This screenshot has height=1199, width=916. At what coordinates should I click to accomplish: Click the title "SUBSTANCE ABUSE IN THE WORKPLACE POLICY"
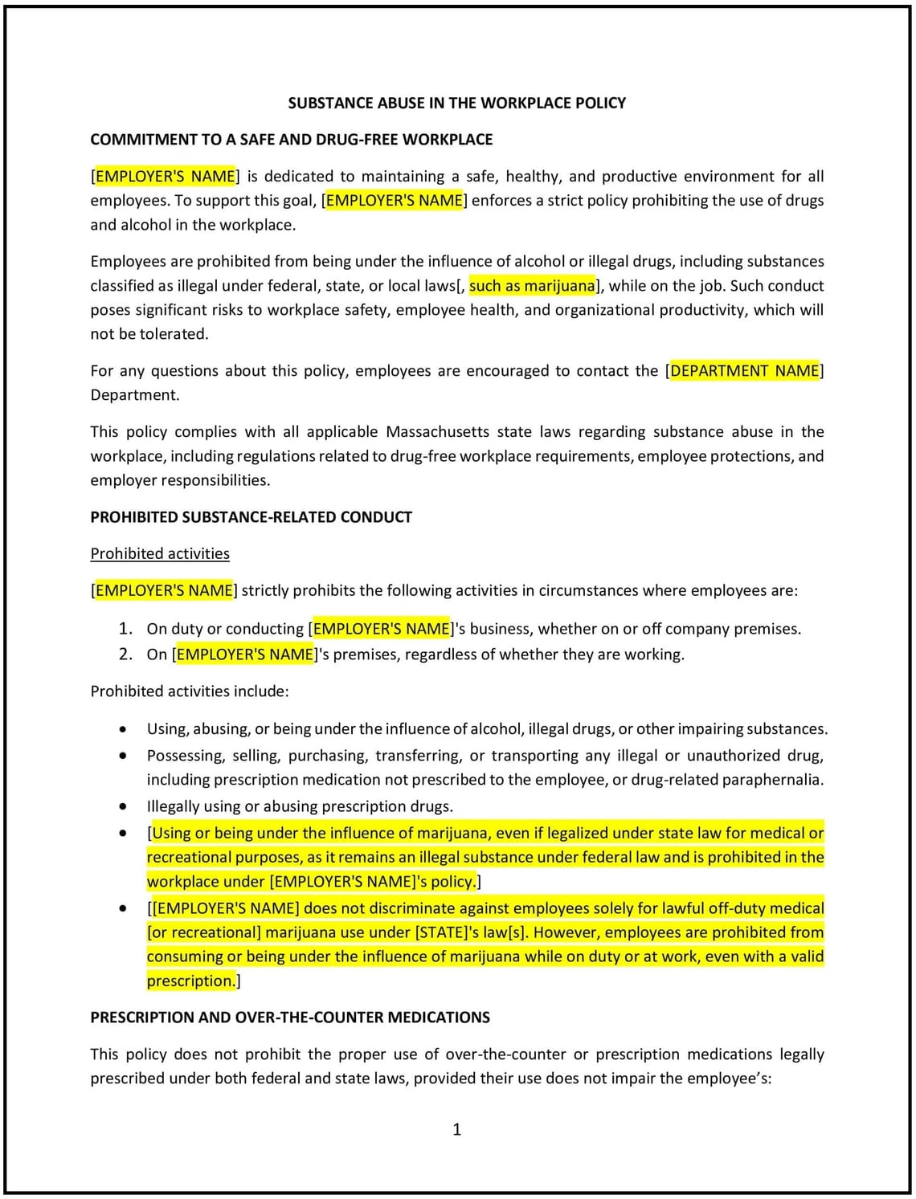click(456, 103)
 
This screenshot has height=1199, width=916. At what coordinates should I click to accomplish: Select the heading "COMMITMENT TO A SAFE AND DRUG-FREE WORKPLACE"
click(291, 140)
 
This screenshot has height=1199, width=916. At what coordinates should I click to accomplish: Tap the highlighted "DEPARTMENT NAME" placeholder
click(744, 371)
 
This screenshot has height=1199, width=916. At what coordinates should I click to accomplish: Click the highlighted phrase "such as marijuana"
click(532, 286)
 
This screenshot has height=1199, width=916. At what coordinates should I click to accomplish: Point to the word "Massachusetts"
click(437, 432)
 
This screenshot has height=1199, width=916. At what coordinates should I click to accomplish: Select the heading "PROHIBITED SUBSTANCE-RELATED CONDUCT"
click(251, 517)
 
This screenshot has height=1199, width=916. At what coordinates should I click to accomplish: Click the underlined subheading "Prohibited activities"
click(160, 554)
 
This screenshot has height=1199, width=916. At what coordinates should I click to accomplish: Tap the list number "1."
click(125, 629)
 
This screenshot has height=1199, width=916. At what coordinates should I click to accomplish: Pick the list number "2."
click(125, 655)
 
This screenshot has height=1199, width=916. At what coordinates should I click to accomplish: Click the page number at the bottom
click(457, 1130)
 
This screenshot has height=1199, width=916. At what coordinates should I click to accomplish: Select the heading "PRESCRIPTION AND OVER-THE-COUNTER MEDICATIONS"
click(290, 1018)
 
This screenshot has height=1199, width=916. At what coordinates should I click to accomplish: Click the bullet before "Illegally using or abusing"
click(123, 806)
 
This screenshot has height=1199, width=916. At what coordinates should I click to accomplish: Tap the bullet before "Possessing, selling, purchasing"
click(123, 756)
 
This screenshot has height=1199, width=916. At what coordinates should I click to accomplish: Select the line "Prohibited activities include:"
click(190, 691)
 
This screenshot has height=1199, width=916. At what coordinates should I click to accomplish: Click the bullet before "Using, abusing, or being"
click(123, 729)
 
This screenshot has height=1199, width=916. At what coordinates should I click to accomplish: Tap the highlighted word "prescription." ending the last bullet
click(191, 981)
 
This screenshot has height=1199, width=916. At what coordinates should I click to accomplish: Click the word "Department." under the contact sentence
click(135, 395)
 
